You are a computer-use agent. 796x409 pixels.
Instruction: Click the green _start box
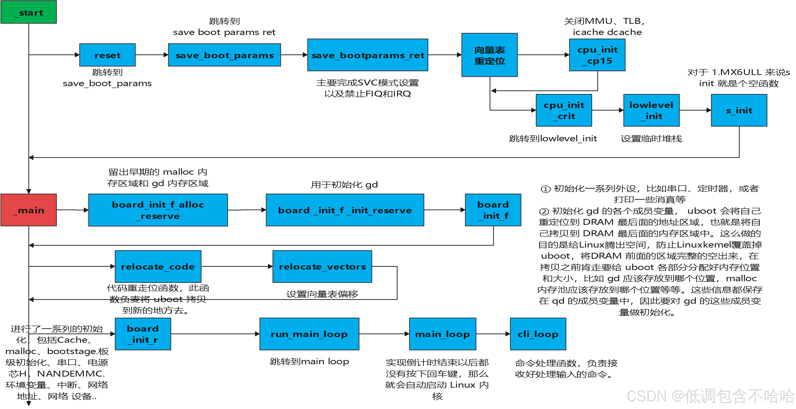point(29,12)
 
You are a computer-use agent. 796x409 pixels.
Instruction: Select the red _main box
point(29,210)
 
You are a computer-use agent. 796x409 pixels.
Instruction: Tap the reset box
point(107,55)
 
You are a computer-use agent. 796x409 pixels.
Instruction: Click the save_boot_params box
point(224,55)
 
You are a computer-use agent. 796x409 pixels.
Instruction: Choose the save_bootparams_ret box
point(367,55)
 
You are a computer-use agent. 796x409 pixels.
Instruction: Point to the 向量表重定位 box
point(489,55)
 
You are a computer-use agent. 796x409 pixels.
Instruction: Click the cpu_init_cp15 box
point(597,55)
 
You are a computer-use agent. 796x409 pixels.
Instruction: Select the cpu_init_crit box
point(564,110)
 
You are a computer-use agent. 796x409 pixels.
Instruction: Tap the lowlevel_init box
point(651,110)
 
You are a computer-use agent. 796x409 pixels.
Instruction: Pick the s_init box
point(739,110)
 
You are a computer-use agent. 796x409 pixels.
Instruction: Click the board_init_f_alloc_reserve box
point(158,210)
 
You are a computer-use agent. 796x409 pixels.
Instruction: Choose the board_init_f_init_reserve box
point(345,210)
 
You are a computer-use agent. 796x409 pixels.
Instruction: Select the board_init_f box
point(493,210)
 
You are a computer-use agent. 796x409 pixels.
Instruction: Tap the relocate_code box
point(158,266)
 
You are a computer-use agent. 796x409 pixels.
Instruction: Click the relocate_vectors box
point(322,266)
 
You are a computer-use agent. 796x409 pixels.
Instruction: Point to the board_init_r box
point(143,334)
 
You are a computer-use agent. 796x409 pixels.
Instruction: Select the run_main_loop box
point(309,334)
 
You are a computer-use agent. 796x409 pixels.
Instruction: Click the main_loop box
point(442,334)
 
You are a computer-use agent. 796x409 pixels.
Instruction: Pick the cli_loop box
point(538,334)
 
